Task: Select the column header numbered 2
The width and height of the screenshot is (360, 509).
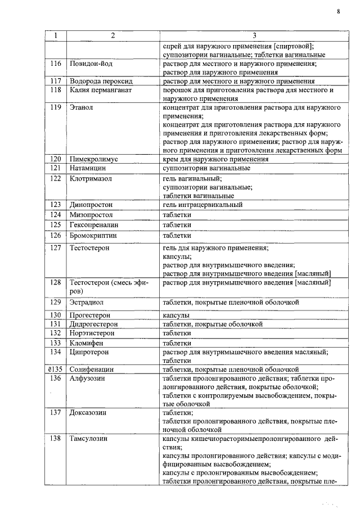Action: pyautogui.click(x=112, y=36)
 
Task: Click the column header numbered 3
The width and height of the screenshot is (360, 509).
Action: pyautogui.click(x=254, y=36)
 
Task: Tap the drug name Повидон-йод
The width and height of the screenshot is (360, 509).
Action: pyautogui.click(x=90, y=64)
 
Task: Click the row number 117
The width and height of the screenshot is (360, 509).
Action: pyautogui.click(x=55, y=81)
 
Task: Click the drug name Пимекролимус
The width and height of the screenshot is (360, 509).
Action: pyautogui.click(x=93, y=159)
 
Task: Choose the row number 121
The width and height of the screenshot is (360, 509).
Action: pyautogui.click(x=55, y=168)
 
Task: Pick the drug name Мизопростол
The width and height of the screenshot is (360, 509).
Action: pyautogui.click(x=91, y=215)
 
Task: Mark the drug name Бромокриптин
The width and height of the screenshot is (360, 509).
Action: pyautogui.click(x=93, y=235)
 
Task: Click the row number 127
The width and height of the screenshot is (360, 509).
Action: pyautogui.click(x=55, y=247)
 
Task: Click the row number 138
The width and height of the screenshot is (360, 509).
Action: pyautogui.click(x=55, y=438)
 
